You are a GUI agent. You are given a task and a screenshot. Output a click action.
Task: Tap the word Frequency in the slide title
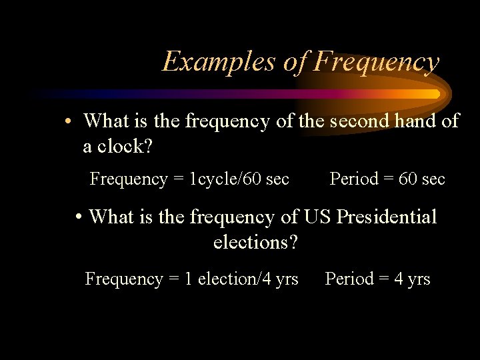pos(377,62)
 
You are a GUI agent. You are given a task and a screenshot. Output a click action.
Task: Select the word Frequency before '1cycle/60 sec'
pos(129,179)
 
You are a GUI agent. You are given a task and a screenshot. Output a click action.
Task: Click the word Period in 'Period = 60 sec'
pos(354,179)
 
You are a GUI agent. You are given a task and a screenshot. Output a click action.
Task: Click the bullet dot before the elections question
pos(79,217)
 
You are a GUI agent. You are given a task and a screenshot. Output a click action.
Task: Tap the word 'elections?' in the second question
pos(255,242)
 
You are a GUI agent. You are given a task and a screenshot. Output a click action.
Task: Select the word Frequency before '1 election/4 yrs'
pos(124,279)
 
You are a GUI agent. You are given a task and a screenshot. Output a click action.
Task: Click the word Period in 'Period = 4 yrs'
pos(349,279)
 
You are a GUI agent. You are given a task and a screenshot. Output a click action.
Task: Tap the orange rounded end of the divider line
pos(437,94)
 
